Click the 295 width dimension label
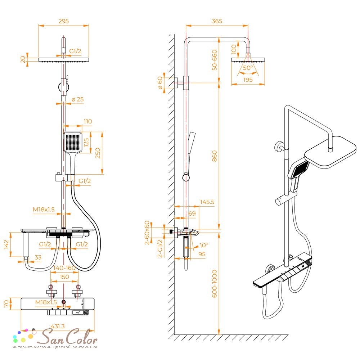(x=64, y=21)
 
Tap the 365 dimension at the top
(x=217, y=21)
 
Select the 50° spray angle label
(x=248, y=68)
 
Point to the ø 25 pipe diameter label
(x=78, y=99)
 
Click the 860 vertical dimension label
(x=214, y=156)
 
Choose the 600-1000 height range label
(x=214, y=284)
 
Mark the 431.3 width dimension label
(x=58, y=326)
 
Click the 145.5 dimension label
(x=207, y=202)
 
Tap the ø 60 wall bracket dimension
(x=160, y=83)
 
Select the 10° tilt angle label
(x=204, y=245)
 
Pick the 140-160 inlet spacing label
(x=64, y=268)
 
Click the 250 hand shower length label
(x=98, y=153)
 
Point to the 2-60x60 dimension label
(x=147, y=233)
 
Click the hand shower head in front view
(x=73, y=142)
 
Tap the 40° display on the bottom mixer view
(x=78, y=312)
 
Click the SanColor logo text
(x=67, y=337)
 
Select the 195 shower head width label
(x=248, y=80)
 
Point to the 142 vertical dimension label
(x=6, y=244)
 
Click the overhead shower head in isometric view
(x=330, y=152)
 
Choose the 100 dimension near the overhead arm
(x=234, y=49)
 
